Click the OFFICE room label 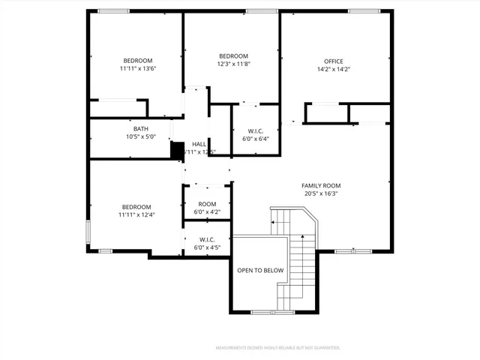click(333, 61)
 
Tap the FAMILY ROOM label click(321, 185)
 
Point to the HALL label click(199, 144)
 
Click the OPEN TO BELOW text click(259, 270)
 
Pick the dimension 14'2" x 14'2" click(333, 69)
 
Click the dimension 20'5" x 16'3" click(321, 193)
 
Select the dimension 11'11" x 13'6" click(138, 69)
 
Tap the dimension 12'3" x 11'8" click(233, 64)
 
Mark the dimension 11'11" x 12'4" click(137, 215)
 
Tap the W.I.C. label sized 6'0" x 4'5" click(207, 247)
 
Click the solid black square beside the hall click(178, 150)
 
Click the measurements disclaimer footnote click(277, 348)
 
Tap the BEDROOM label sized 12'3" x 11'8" click(233, 56)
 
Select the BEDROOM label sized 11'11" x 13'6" click(138, 61)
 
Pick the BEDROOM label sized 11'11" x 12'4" click(137, 207)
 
